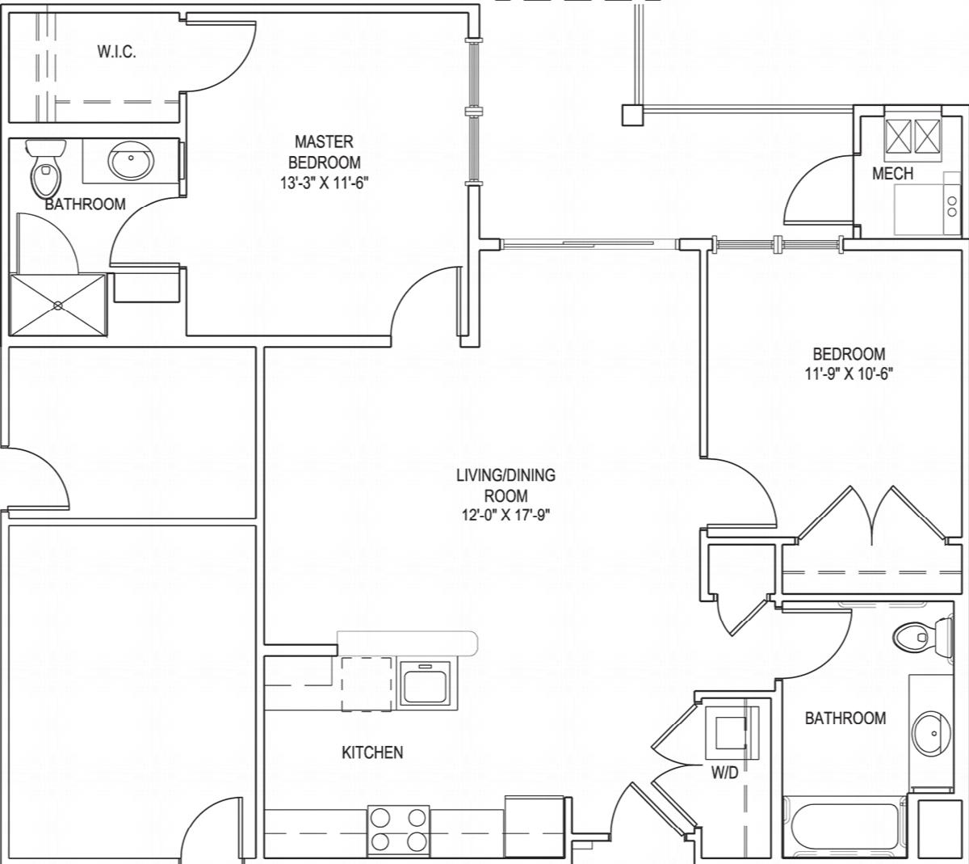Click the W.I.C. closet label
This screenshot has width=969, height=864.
117,52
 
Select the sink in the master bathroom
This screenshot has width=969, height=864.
131,160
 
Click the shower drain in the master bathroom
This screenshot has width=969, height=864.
58,305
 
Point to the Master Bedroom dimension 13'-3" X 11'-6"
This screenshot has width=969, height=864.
325,183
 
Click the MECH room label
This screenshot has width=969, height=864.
892,173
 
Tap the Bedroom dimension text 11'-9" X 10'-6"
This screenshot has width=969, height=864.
849,373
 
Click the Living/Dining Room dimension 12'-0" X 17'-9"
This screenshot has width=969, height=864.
505,515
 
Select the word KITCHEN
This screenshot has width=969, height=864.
372,753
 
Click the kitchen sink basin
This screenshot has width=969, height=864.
425,685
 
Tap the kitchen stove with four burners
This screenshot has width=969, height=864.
398,831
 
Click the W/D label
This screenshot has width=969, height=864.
724,772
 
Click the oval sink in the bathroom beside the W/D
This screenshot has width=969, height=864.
932,734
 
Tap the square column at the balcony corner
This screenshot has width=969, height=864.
633,115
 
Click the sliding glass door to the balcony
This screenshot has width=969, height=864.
589,244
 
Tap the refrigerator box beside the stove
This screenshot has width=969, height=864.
535,827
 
